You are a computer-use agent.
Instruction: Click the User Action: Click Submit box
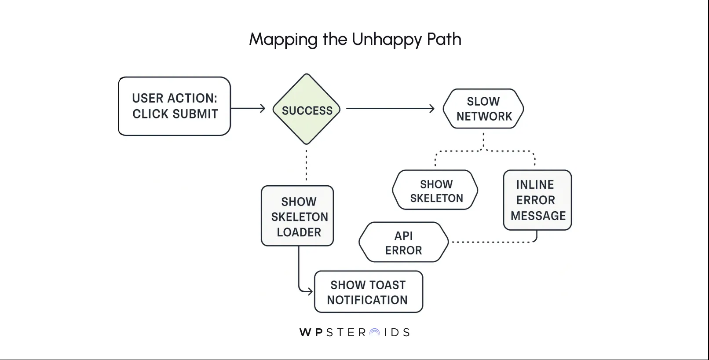175,106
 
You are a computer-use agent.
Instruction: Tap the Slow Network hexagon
483,109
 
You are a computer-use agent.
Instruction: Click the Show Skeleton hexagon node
435,190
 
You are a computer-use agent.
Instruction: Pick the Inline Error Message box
537,200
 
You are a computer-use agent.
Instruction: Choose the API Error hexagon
403,242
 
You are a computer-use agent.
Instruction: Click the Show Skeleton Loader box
298,216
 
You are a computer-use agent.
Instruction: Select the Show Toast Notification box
369,292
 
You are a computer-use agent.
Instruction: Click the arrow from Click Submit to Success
248,108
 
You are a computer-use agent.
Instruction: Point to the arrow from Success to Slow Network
390,108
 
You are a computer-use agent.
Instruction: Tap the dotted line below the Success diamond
306,165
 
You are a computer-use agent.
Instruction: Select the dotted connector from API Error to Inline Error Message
493,242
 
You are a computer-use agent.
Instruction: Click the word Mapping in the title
283,40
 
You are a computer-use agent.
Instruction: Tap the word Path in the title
444,39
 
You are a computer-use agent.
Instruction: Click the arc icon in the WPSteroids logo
375,333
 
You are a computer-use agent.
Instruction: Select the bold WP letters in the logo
311,333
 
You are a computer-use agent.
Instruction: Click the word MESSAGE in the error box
538,216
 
